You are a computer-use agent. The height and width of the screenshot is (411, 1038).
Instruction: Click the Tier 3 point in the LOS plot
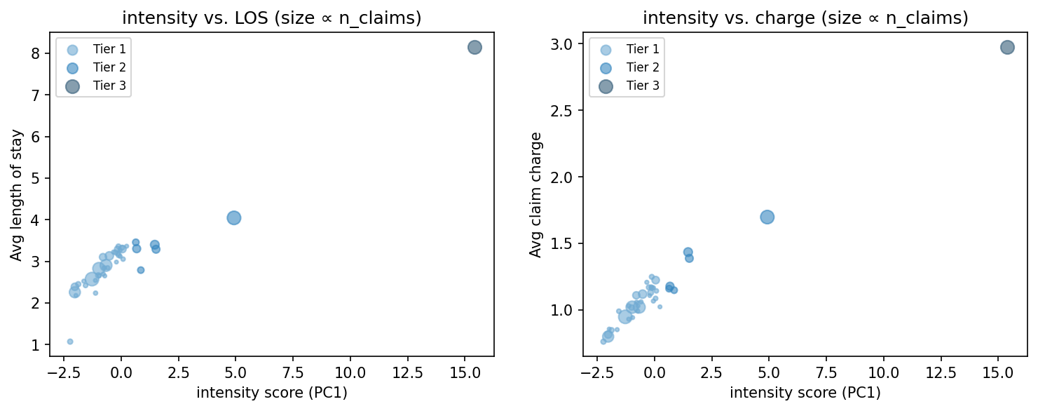[474, 48]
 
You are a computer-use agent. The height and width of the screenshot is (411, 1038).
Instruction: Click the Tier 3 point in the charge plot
[1007, 48]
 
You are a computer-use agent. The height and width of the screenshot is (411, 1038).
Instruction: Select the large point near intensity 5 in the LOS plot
[234, 217]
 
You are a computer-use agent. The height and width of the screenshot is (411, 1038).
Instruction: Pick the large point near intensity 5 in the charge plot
[767, 217]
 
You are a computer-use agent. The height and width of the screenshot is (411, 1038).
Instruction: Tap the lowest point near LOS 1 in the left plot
[70, 342]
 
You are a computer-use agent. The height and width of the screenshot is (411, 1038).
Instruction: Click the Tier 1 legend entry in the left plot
[93, 49]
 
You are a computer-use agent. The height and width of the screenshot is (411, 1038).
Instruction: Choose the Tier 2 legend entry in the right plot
[627, 67]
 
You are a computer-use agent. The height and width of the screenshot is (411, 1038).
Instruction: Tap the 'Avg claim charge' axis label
[535, 194]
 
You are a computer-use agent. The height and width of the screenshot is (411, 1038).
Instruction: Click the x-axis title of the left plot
[272, 393]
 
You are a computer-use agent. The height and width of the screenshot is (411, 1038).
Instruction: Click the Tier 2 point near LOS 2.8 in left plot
[141, 270]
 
